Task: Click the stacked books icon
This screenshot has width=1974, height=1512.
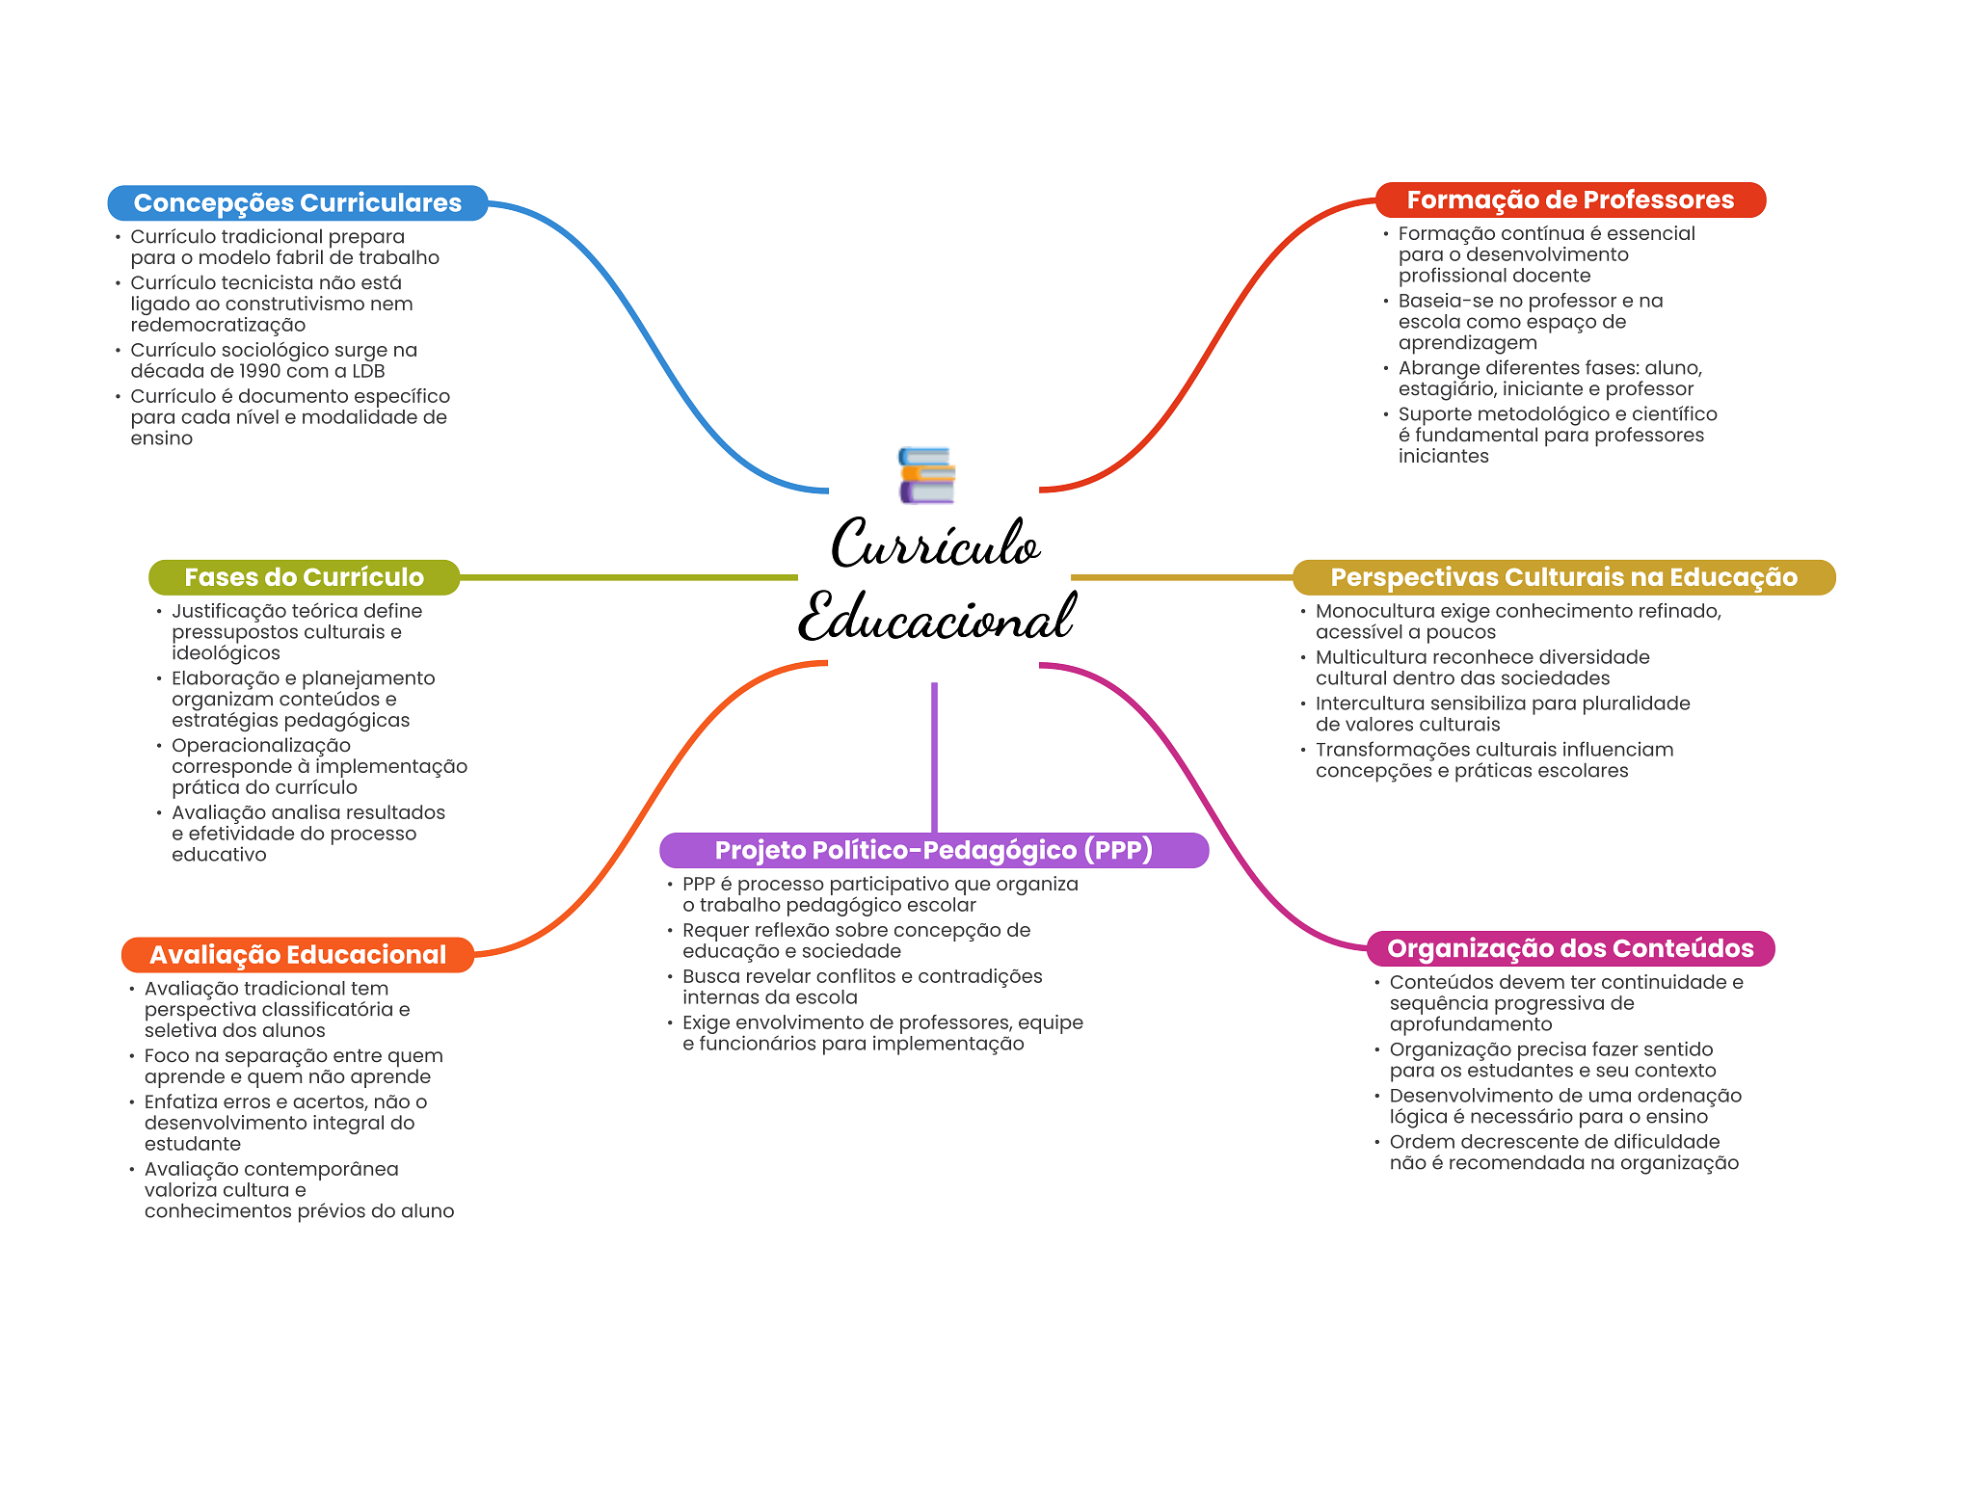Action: tap(926, 475)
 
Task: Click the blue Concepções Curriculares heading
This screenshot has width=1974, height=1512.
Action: tap(297, 203)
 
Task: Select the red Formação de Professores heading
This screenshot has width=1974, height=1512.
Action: tap(1569, 200)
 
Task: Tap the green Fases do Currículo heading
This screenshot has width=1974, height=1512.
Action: tap(304, 577)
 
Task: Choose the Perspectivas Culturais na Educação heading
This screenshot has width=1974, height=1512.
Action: tap(1562, 577)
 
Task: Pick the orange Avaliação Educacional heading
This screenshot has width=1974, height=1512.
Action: tap(297, 955)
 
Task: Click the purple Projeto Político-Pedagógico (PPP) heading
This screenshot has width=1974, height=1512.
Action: tap(933, 850)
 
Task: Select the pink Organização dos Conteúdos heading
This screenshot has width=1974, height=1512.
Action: tap(1569, 948)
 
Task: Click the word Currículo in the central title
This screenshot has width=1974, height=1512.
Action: tap(935, 544)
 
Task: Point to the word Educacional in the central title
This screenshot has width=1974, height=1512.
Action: tap(935, 618)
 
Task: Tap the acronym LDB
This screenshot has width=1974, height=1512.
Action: tap(368, 371)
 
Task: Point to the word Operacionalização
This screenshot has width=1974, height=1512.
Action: tap(261, 746)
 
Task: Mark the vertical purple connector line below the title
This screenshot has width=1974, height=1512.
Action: tap(934, 756)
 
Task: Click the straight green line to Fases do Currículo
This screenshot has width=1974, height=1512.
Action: tap(627, 577)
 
